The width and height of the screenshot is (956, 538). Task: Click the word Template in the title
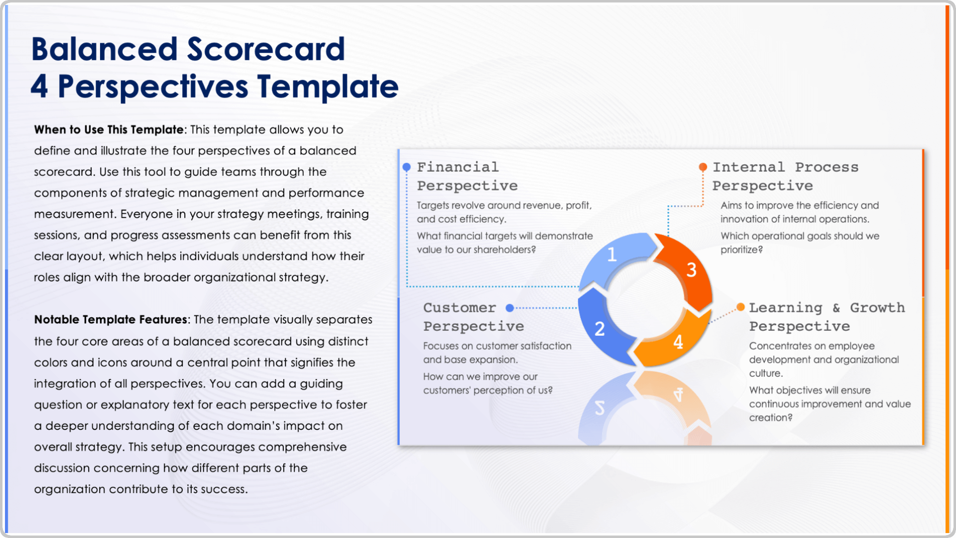pyautogui.click(x=328, y=86)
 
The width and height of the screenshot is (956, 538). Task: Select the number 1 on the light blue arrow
pyautogui.click(x=612, y=255)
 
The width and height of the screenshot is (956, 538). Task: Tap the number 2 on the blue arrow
pyautogui.click(x=599, y=329)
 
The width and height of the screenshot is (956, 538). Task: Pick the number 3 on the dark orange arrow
pyautogui.click(x=691, y=270)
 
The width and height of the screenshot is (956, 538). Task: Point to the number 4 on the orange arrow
pyautogui.click(x=678, y=342)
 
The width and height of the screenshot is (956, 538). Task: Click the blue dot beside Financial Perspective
pyautogui.click(x=406, y=167)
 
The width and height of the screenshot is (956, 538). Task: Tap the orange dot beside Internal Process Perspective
pyautogui.click(x=703, y=167)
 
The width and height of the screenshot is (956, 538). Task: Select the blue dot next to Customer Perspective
pyautogui.click(x=509, y=308)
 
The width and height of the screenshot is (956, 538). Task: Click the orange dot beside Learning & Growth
pyautogui.click(x=740, y=307)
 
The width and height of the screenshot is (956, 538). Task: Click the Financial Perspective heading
pyautogui.click(x=467, y=176)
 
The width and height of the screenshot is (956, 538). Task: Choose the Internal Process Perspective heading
pyautogui.click(x=785, y=176)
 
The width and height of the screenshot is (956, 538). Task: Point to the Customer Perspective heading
pyautogui.click(x=474, y=317)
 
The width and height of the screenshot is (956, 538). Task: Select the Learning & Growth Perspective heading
pyautogui.click(x=827, y=317)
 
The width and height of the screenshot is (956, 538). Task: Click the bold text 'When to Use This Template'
pyautogui.click(x=109, y=130)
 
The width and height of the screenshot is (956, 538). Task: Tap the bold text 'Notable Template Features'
pyautogui.click(x=111, y=319)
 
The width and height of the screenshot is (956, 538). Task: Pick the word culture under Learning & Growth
pyautogui.click(x=764, y=373)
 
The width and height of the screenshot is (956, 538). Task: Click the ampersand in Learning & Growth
pyautogui.click(x=836, y=308)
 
